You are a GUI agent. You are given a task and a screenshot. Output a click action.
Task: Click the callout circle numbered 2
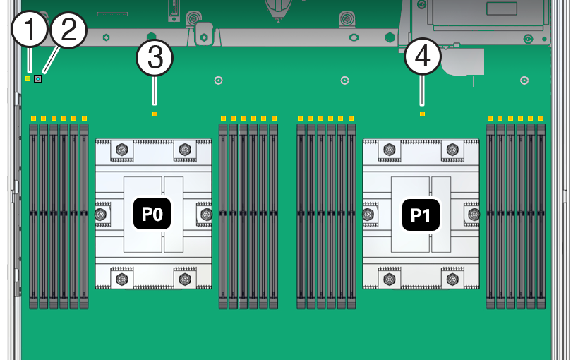pyautogui.click(x=68, y=32)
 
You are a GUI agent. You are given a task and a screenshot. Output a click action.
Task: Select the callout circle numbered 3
pyautogui.click(x=155, y=58)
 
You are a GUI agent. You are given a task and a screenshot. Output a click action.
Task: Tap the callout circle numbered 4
pyautogui.click(x=422, y=58)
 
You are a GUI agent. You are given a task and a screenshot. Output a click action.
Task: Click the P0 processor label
pyautogui.click(x=152, y=215)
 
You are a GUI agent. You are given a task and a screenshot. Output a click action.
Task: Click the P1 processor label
pyautogui.click(x=421, y=215)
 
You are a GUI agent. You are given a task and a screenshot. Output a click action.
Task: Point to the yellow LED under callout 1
pyautogui.click(x=28, y=78)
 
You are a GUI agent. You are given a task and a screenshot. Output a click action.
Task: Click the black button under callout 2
pyautogui.click(x=38, y=78)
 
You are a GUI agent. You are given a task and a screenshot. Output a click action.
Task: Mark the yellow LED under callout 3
pyautogui.click(x=155, y=114)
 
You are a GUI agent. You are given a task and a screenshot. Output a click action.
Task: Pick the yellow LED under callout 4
pyautogui.click(x=422, y=114)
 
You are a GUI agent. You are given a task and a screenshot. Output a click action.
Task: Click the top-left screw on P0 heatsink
pyautogui.click(x=121, y=150)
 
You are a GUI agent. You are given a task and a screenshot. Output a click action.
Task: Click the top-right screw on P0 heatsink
pyautogui.click(x=185, y=150)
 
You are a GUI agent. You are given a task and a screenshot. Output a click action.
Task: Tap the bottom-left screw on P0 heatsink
pyautogui.click(x=121, y=280)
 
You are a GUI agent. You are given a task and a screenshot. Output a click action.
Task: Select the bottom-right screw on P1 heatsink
pyautogui.click(x=452, y=280)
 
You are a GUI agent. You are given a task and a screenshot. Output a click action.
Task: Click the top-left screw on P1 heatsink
pyautogui.click(x=389, y=150)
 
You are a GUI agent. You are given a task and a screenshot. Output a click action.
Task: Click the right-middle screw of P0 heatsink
pyautogui.click(x=206, y=214)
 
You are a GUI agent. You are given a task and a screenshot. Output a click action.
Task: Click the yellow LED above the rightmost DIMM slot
pyautogui.click(x=541, y=118)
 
